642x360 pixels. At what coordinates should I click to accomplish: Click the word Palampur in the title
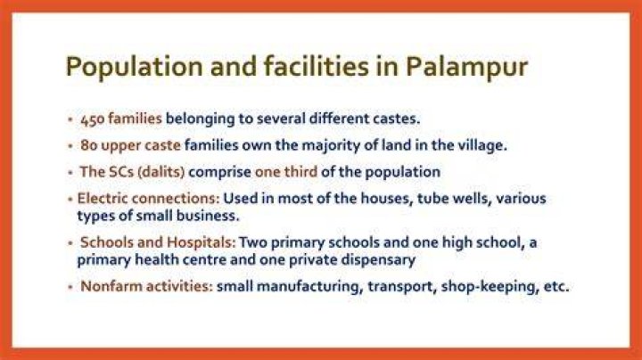tap(466, 66)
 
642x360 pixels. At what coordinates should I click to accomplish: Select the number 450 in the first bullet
tap(93, 119)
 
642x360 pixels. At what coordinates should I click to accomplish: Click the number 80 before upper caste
tap(89, 145)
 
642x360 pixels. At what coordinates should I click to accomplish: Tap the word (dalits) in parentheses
tap(161, 172)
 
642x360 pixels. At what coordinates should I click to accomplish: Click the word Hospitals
tap(202, 242)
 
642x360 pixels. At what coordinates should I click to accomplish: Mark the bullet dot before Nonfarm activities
tap(70, 287)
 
